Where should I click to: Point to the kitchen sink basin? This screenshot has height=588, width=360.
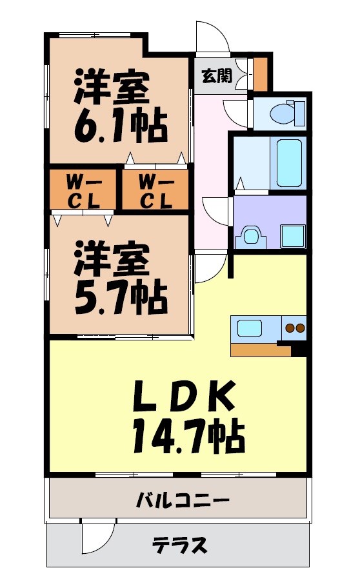click(x=250, y=328)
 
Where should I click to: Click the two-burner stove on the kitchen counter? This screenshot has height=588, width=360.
click(x=295, y=328)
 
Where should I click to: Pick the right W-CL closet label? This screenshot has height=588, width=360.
click(x=155, y=191)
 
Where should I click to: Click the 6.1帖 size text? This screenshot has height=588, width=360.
click(x=120, y=125)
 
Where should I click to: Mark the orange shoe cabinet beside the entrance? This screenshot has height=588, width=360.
click(x=260, y=75)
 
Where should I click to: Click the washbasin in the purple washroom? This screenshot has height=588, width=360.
click(x=250, y=236)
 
